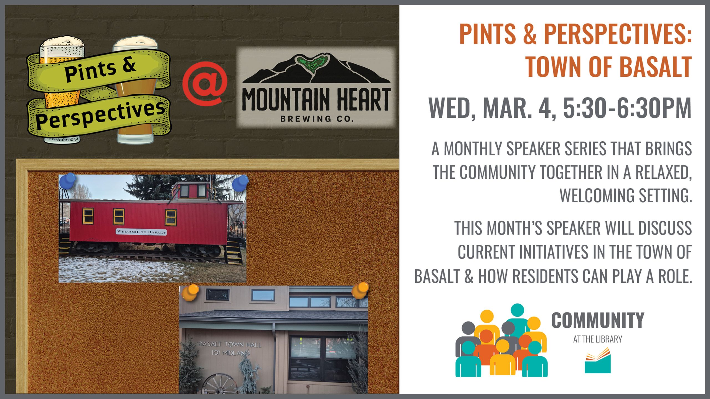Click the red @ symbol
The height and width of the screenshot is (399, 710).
205,83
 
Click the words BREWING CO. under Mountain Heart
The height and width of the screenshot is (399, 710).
317,119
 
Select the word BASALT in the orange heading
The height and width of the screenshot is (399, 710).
655,67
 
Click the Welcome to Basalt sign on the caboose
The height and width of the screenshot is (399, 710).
141,232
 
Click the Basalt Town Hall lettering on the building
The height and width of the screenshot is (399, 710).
230,344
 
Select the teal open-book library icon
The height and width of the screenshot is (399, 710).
598,360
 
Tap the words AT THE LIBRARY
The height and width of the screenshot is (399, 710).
598,339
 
